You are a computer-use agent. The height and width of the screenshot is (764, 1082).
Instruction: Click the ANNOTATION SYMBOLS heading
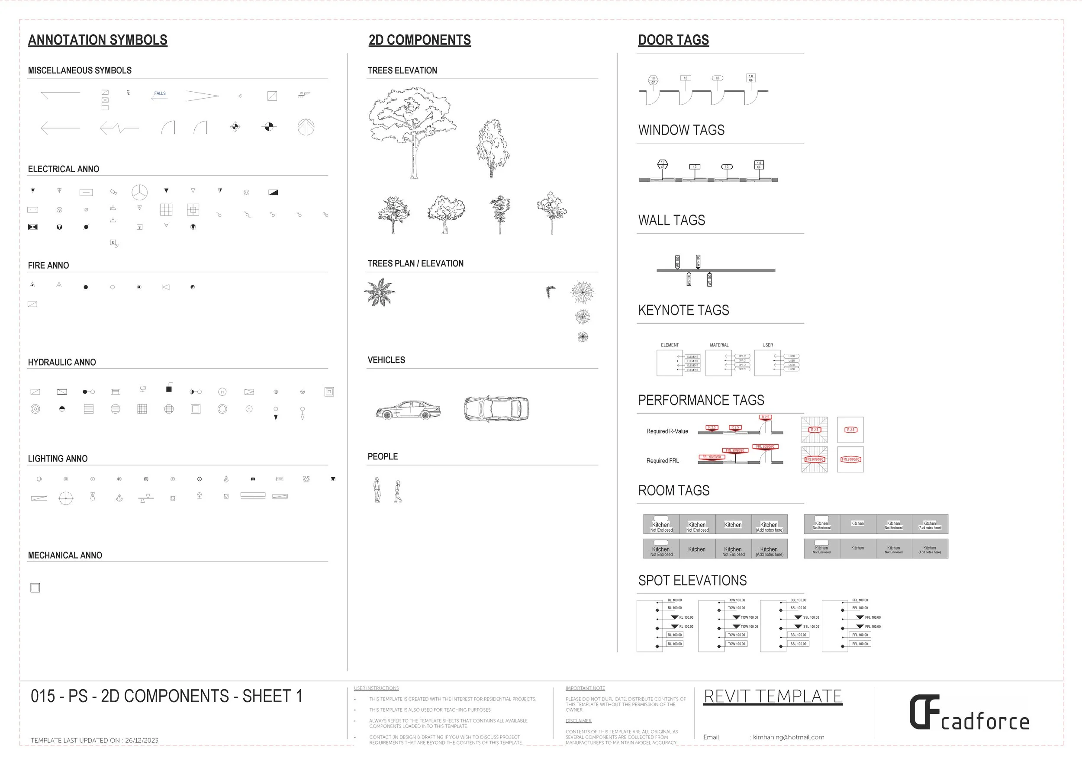tap(97, 40)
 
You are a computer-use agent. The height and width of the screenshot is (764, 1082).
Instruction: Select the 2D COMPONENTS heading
tap(419, 40)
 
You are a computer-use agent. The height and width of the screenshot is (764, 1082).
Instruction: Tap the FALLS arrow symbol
tap(160, 96)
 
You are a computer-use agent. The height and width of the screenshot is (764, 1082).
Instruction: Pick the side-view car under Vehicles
tap(408, 410)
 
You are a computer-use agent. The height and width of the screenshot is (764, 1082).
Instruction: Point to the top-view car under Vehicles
tap(496, 408)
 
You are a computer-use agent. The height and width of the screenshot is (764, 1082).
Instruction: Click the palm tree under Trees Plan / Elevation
tap(380, 292)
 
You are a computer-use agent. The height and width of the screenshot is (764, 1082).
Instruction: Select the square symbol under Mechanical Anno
tap(35, 587)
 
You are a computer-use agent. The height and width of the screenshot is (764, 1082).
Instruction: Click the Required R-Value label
tap(667, 431)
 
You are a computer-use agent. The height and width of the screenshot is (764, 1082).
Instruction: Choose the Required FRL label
tap(663, 461)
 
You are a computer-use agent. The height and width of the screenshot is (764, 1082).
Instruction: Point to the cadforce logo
tap(969, 714)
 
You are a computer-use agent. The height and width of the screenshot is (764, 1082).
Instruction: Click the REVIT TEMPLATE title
tap(773, 696)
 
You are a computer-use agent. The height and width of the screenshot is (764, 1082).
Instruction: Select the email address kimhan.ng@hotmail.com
tap(789, 737)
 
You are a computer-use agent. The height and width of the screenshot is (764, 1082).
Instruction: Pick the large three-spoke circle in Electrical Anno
tap(139, 192)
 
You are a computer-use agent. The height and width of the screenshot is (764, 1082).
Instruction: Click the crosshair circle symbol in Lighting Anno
tap(65, 498)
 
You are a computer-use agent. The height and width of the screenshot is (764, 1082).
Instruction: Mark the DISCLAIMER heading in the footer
tap(578, 721)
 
